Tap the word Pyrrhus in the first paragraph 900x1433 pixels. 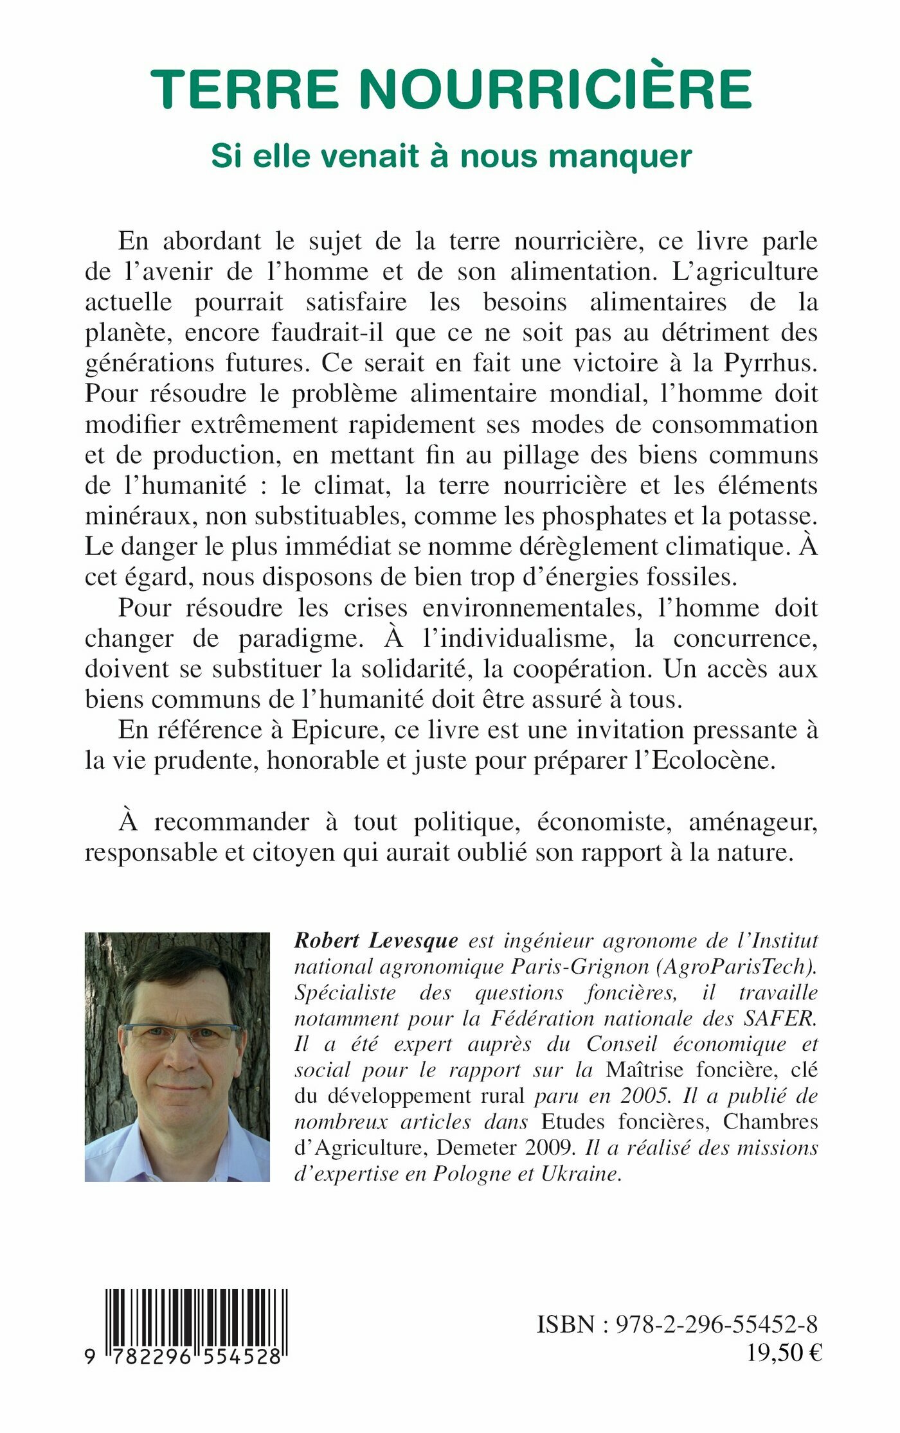click(x=770, y=364)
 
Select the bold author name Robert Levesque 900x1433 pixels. click(x=376, y=941)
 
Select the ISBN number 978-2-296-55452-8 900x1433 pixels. click(x=717, y=1324)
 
